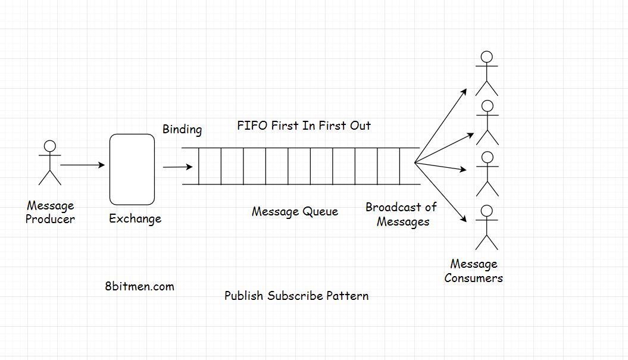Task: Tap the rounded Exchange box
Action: pyautogui.click(x=132, y=170)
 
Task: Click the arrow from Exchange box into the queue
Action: pyautogui.click(x=177, y=167)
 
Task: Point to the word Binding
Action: pyautogui.click(x=182, y=129)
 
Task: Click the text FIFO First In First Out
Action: pyautogui.click(x=304, y=126)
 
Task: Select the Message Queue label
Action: pyautogui.click(x=295, y=211)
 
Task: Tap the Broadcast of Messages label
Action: pyautogui.click(x=401, y=214)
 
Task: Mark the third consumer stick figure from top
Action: pyautogui.click(x=487, y=174)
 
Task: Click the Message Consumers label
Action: pyautogui.click(x=474, y=271)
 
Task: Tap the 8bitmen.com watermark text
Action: pyautogui.click(x=139, y=286)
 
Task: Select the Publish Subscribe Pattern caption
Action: pyautogui.click(x=296, y=296)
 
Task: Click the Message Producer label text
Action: pyautogui.click(x=50, y=212)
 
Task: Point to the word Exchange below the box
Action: pyautogui.click(x=135, y=219)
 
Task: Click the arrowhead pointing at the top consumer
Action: pyautogui.click(x=465, y=92)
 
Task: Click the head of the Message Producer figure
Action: pyautogui.click(x=50, y=146)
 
